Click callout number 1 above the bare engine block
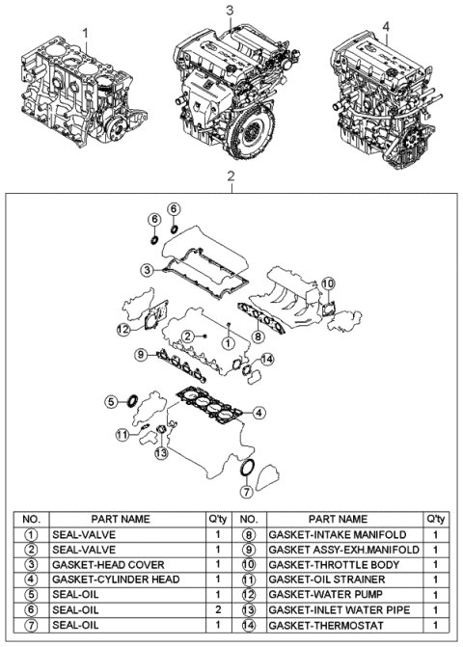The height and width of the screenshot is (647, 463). [x=86, y=32]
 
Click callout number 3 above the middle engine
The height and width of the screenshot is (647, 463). [x=231, y=11]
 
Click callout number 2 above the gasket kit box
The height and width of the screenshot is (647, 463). [x=231, y=176]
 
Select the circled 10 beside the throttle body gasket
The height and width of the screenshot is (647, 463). [x=327, y=283]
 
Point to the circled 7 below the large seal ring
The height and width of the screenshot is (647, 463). [x=247, y=491]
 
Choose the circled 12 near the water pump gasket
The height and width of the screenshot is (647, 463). [x=123, y=330]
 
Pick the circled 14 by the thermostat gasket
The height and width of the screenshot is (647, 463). [x=267, y=359]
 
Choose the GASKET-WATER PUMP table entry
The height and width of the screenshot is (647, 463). [x=332, y=594]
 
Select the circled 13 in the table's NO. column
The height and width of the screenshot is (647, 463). [x=249, y=608]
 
